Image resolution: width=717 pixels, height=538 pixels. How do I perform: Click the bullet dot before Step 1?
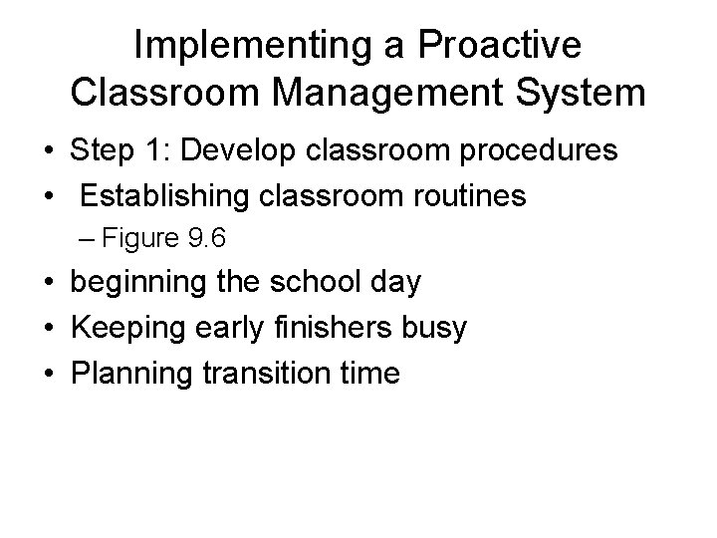pos(47,153)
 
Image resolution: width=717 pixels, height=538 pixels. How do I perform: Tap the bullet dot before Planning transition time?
pos(47,375)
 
